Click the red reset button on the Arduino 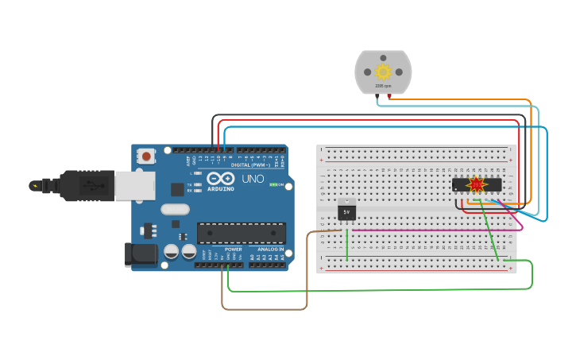point(147,157)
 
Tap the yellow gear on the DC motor point(383,72)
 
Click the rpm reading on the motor point(383,86)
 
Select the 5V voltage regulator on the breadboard point(346,212)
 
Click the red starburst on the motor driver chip point(476,185)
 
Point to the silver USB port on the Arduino point(134,186)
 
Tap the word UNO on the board point(253,180)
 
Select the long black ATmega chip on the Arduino point(241,233)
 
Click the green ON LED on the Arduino point(273,184)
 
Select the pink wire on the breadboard point(429,230)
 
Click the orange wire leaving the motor point(461,99)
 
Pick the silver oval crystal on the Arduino point(176,210)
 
